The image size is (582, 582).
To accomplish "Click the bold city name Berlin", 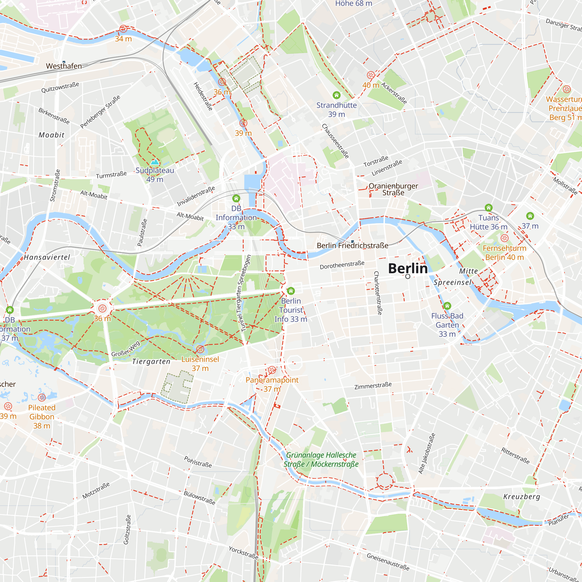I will pyautogui.click(x=408, y=268).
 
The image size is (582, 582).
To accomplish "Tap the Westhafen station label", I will pyautogui.click(x=64, y=66).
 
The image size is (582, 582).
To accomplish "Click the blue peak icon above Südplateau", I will pyautogui.click(x=155, y=162).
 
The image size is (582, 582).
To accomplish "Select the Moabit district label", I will pyautogui.click(x=52, y=135).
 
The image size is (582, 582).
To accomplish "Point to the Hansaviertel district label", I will pyautogui.click(x=47, y=257).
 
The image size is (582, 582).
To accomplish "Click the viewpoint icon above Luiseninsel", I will pyautogui.click(x=200, y=349).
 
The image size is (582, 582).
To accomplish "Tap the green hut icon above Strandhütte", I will pyautogui.click(x=336, y=95).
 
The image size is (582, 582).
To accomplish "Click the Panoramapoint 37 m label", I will pyautogui.click(x=272, y=384).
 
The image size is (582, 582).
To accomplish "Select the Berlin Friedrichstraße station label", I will pyautogui.click(x=352, y=246).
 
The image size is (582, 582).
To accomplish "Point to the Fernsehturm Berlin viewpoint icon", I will pyautogui.click(x=504, y=238).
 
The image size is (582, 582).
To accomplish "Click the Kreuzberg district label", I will pyautogui.click(x=522, y=496).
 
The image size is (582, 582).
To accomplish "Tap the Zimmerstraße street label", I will pyautogui.click(x=373, y=386).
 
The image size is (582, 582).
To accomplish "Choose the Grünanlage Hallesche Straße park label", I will pyautogui.click(x=321, y=459).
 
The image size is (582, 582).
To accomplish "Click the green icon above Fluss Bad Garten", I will pyautogui.click(x=447, y=306).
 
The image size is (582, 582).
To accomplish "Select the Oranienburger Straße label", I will pyautogui.click(x=393, y=189).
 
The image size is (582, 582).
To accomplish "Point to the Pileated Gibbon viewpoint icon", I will pyautogui.click(x=42, y=397).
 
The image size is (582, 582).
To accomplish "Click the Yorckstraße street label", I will pyautogui.click(x=243, y=553).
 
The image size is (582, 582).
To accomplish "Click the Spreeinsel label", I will pyautogui.click(x=453, y=282).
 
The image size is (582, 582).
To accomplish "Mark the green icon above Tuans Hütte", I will pyautogui.click(x=488, y=207).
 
